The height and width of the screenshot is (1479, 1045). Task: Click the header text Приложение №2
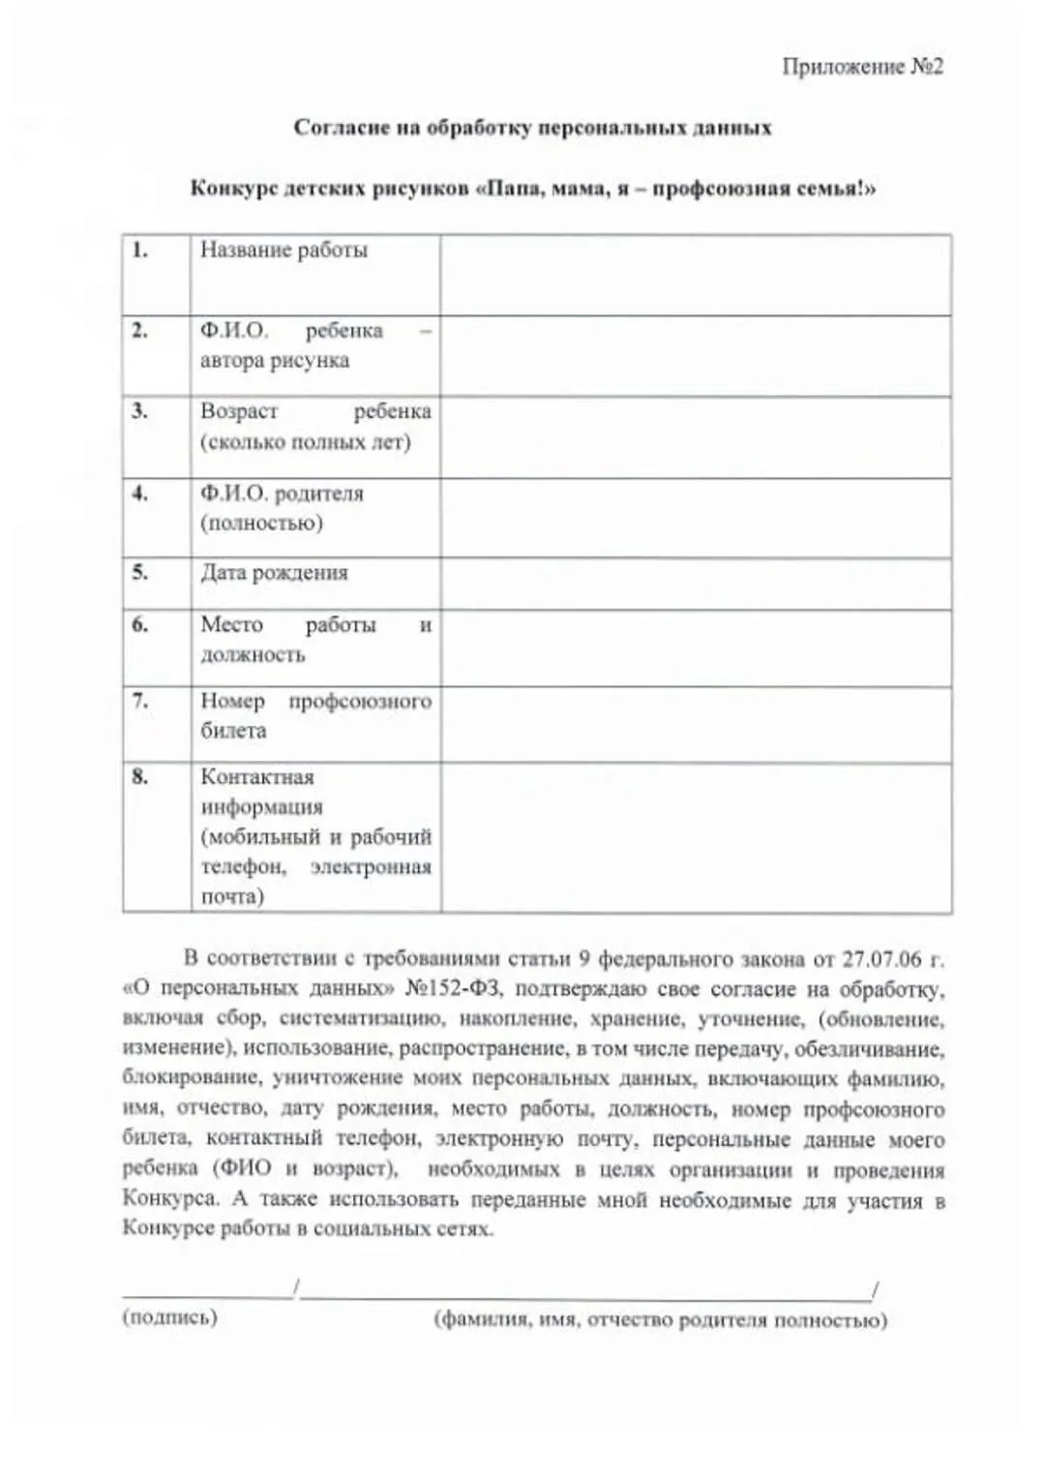[x=861, y=67]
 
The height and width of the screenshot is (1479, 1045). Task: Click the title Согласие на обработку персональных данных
[x=532, y=128]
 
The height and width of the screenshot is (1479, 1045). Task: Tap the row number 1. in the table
[x=140, y=251]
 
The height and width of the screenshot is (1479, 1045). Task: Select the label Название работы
[x=284, y=250]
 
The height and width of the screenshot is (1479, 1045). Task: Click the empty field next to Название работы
[x=695, y=275]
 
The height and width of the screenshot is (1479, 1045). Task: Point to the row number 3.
[x=140, y=411]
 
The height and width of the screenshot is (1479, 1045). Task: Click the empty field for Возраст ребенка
[x=695, y=438]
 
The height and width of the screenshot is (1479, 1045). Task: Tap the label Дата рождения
[x=274, y=573]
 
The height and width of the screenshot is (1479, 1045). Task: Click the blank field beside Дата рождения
[x=695, y=584]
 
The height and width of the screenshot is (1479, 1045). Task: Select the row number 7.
[x=140, y=701]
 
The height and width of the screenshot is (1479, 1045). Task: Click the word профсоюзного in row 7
[x=359, y=701]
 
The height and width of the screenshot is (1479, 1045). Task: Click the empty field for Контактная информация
[x=695, y=838]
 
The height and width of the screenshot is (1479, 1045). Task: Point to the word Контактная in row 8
[x=257, y=777]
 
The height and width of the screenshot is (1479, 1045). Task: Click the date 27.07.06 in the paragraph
[x=881, y=959]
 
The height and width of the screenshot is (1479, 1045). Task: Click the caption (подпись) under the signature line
[x=169, y=1317]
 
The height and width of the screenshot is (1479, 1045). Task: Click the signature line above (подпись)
[x=207, y=1296]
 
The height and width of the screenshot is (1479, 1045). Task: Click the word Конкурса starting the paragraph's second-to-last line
[x=170, y=1199]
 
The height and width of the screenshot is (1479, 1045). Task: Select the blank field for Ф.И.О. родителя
[x=695, y=518]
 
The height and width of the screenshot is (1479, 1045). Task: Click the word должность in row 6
[x=253, y=655]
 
